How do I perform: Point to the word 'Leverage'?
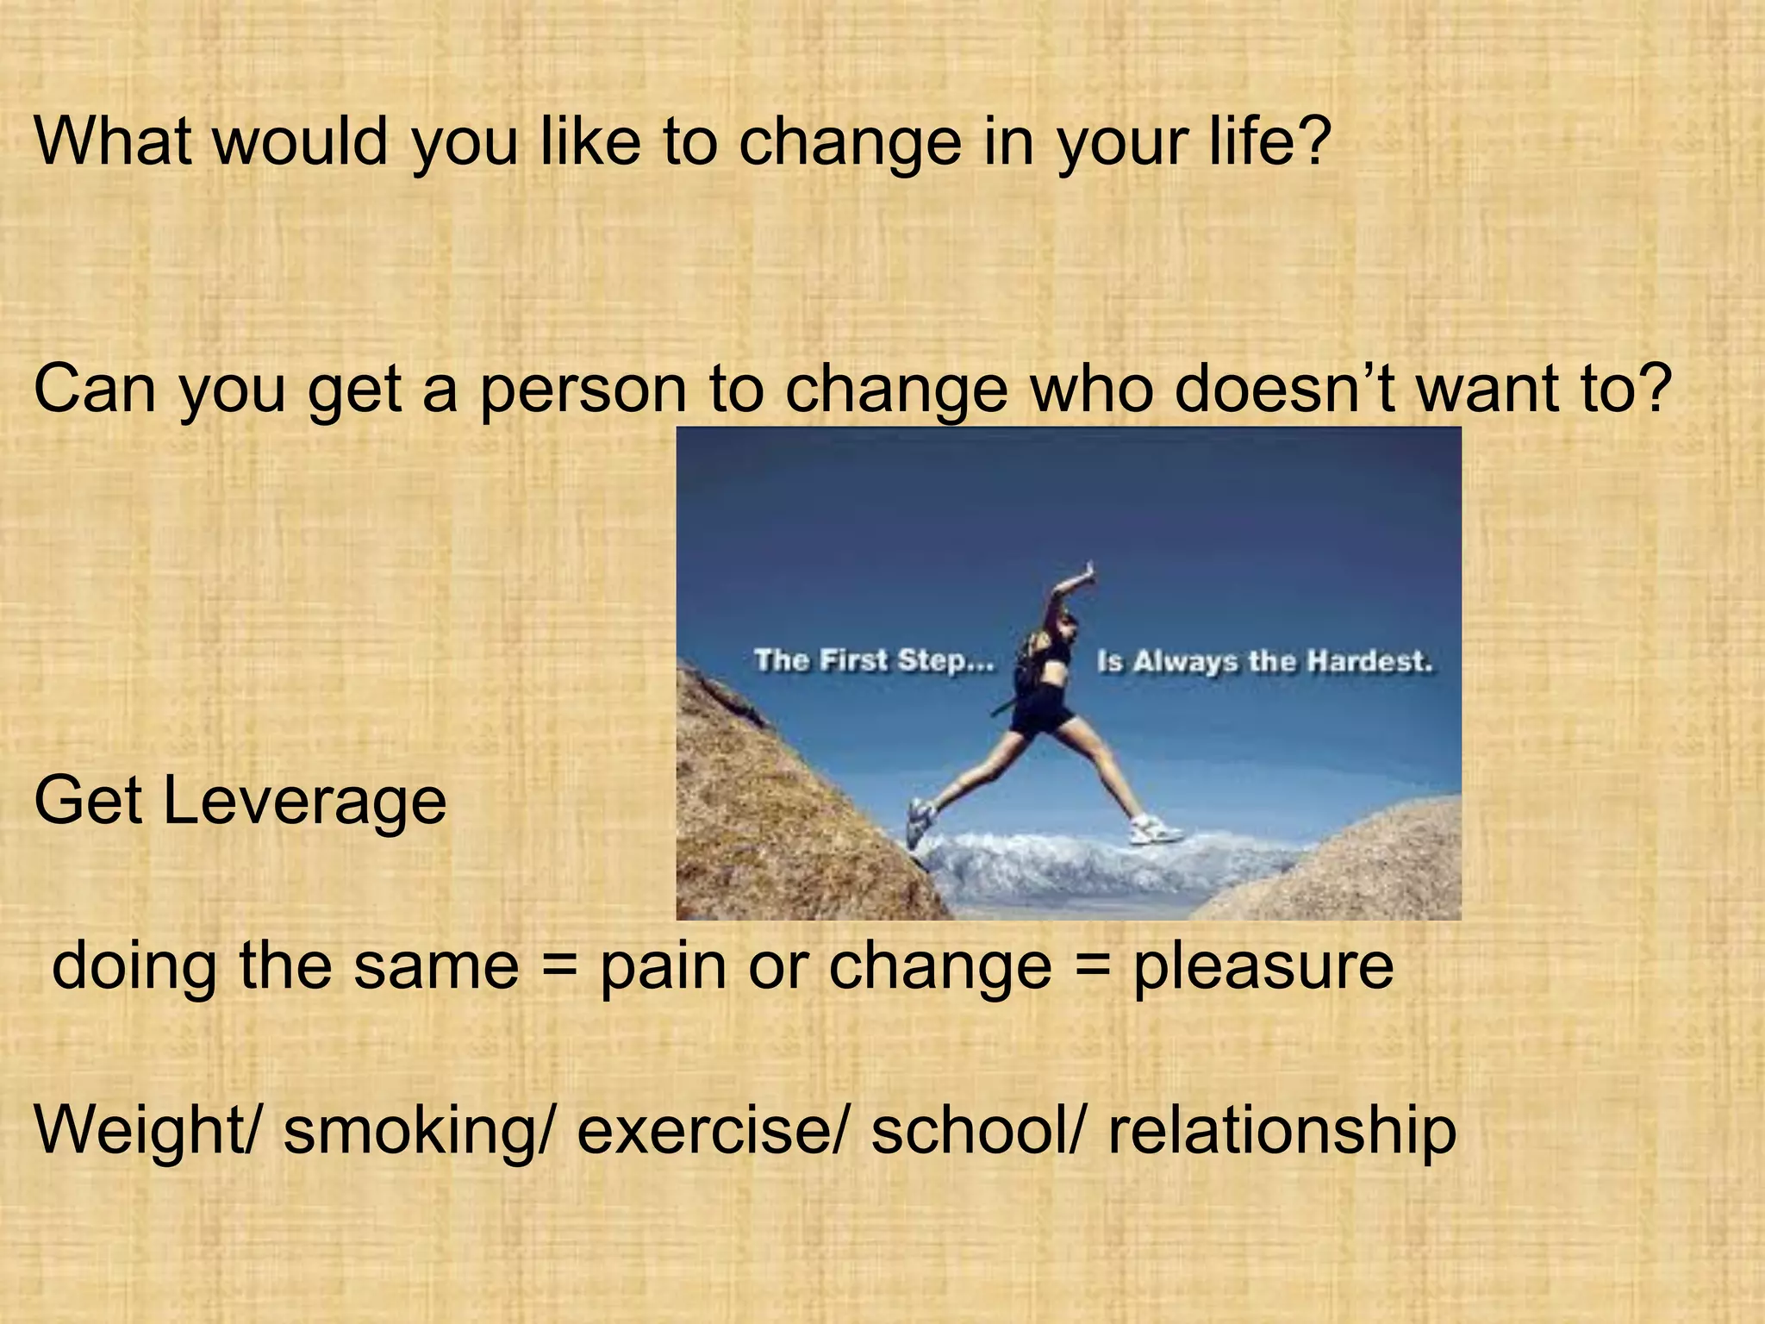[x=304, y=800]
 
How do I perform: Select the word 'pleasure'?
[x=1263, y=965]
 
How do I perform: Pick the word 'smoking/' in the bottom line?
[x=421, y=1131]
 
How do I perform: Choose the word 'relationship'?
[x=1282, y=1131]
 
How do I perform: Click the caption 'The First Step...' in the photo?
[x=874, y=660]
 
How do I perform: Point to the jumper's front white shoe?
[x=1155, y=830]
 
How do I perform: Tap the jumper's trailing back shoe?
[x=919, y=821]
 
